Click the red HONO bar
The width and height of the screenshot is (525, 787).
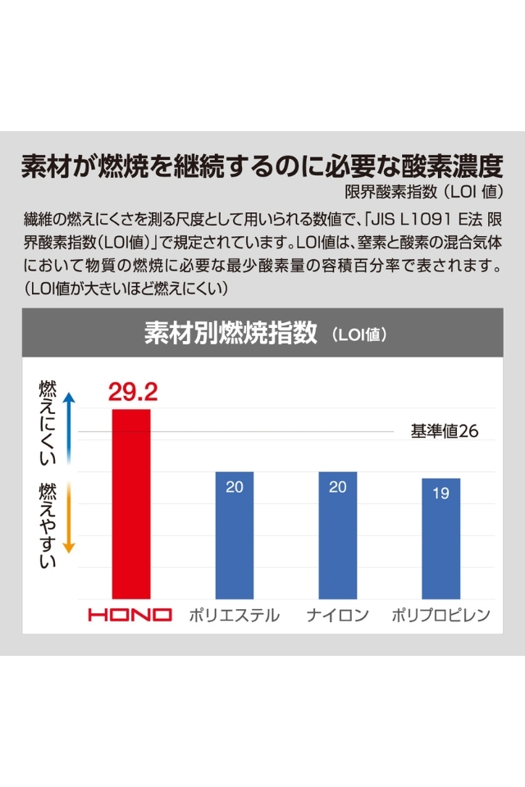coord(131,503)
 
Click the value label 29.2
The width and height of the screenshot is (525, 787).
coord(132,390)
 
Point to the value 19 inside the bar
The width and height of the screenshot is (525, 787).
coord(441,494)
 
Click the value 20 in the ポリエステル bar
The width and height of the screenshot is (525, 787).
coord(234,487)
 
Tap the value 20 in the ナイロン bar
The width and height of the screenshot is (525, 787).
coord(338,487)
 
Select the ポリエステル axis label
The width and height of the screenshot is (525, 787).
coord(234,615)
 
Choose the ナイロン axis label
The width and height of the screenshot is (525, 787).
coord(338,615)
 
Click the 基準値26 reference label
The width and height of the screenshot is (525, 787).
coord(444,431)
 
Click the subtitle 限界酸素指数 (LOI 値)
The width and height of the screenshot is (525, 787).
coord(423,193)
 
